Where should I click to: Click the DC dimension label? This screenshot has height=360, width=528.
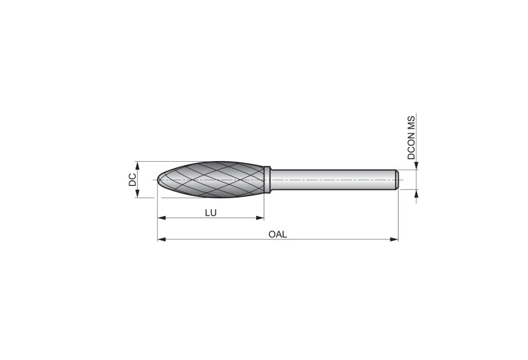coord(132,180)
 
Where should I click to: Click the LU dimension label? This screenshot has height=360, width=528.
coord(211,213)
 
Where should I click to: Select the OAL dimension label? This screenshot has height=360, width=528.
coord(278,235)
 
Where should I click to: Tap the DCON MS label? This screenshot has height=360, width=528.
coord(411,138)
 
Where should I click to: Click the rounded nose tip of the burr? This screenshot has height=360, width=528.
coord(158,180)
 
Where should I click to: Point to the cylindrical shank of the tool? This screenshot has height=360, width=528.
coord(333,180)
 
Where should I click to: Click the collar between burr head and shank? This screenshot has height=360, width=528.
coord(267,180)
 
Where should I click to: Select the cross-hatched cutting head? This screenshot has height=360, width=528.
coord(211,180)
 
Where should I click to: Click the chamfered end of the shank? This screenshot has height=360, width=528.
coord(397,180)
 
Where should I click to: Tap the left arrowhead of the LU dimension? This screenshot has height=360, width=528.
coord(161,218)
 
